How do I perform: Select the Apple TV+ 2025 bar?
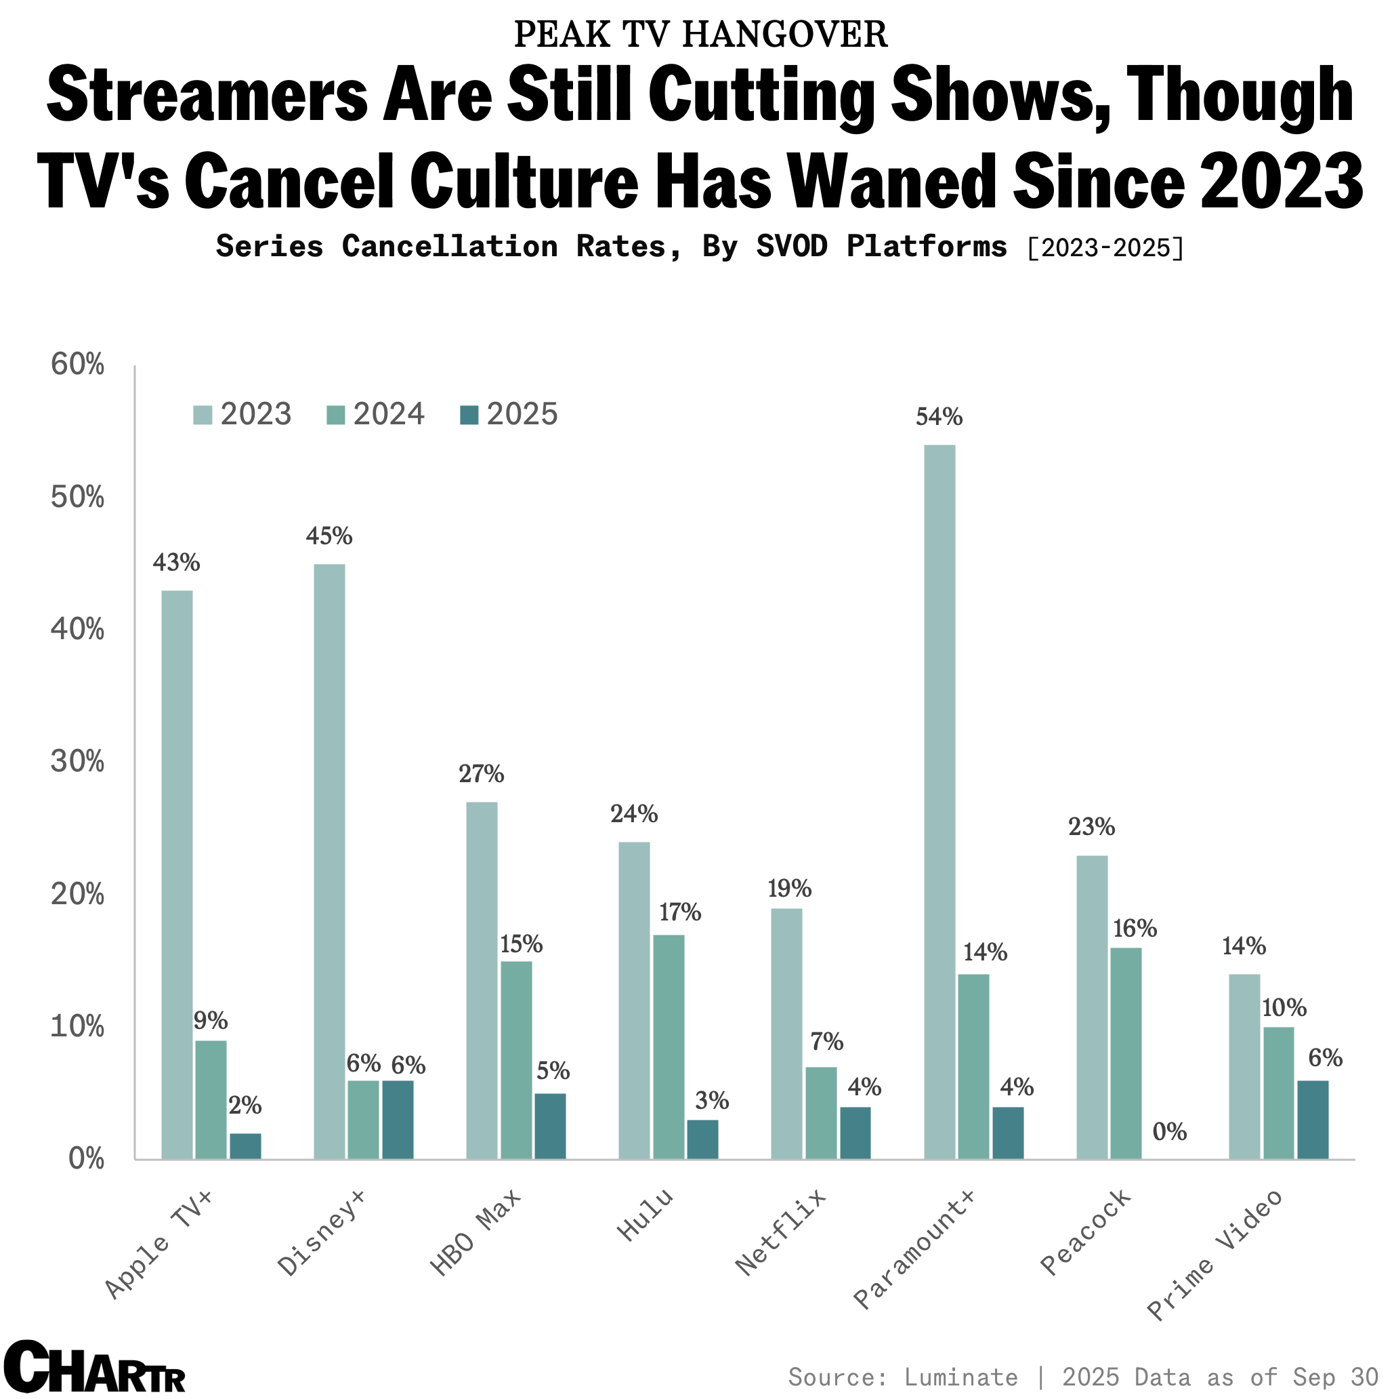coord(245,1145)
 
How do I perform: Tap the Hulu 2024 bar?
coord(668,1047)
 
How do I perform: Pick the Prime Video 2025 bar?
coord(1312,1120)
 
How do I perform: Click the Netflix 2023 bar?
coord(786,1033)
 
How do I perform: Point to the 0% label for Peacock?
coord(1170,1132)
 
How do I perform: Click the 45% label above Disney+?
coord(329,536)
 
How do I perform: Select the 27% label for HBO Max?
coord(482,775)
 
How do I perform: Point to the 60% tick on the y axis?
coord(77,365)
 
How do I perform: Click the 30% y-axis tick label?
coord(77,762)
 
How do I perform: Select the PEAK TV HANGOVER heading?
coord(700,35)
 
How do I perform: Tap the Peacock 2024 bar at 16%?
coord(1125,1053)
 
